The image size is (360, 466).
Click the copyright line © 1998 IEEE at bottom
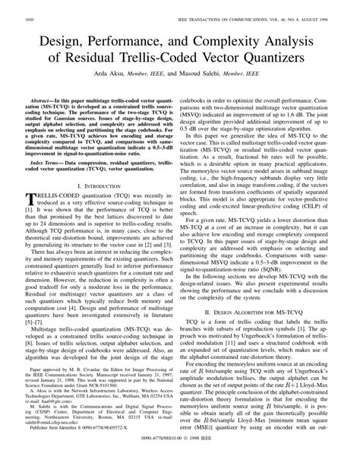pyautogui.click(x=205, y=456)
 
